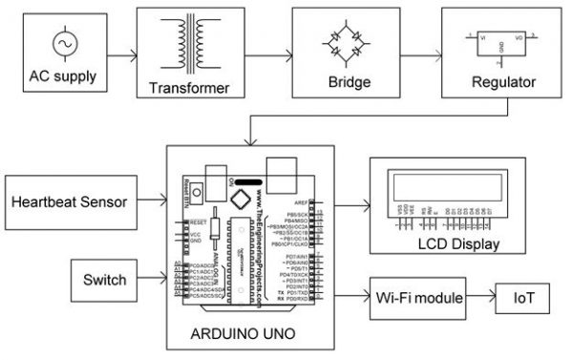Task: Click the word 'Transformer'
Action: pos(189,89)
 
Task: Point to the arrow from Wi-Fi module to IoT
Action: pos(479,299)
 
